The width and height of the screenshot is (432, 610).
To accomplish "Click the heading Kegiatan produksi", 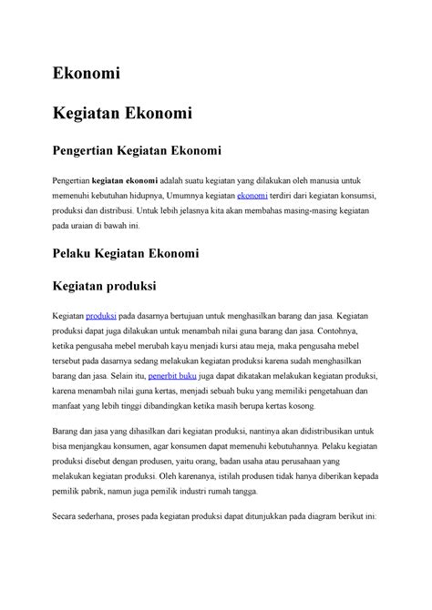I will tap(106, 287).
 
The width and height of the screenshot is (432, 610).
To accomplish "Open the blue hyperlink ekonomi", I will tap(251, 196).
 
